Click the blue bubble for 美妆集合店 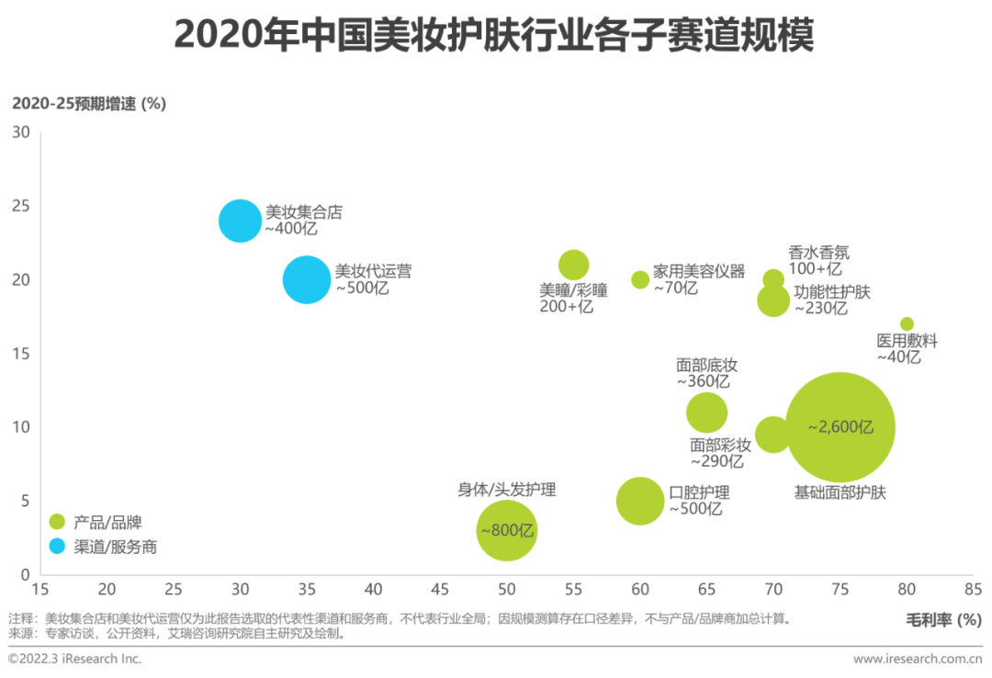(x=240, y=220)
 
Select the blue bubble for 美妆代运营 (x=307, y=279)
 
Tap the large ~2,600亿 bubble (x=840, y=427)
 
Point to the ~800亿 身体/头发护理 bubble (x=506, y=530)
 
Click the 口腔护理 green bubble (x=640, y=501)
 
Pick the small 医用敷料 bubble (x=907, y=323)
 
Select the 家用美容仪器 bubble (x=640, y=279)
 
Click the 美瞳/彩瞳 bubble (x=573, y=265)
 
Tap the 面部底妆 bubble (x=706, y=412)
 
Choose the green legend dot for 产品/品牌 (x=57, y=522)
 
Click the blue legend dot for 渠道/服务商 (x=57, y=546)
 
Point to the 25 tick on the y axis (x=21, y=206)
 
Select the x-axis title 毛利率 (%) (x=944, y=620)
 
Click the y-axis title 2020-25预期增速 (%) (x=88, y=103)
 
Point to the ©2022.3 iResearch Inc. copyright (x=75, y=658)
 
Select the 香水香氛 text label (x=819, y=251)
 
